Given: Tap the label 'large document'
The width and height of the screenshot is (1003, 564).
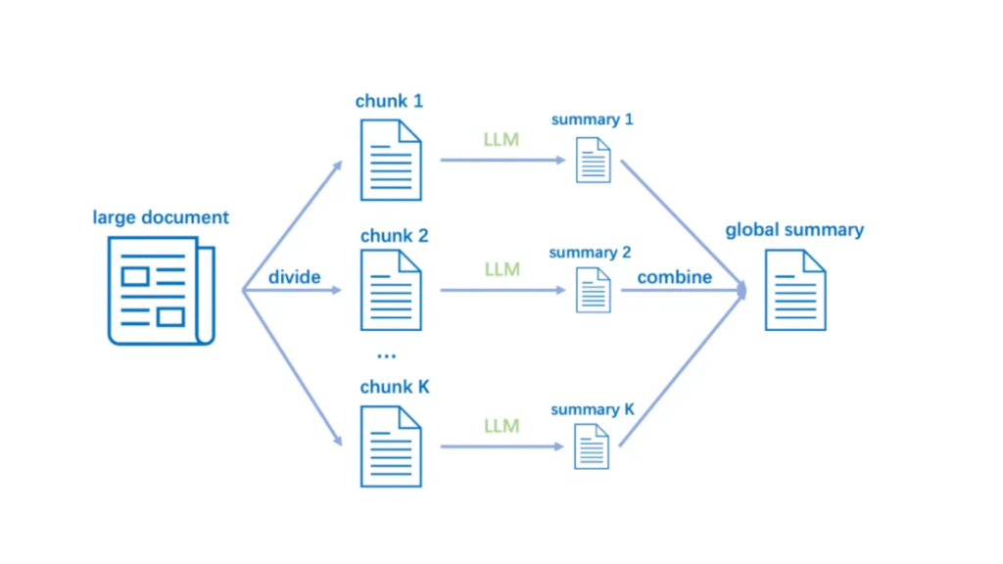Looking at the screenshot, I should [161, 217].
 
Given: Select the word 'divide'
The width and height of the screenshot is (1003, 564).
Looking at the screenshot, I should [295, 277].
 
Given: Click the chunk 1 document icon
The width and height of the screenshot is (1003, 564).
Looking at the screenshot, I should [391, 159].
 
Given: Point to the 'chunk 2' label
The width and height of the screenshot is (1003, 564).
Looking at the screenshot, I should [394, 236].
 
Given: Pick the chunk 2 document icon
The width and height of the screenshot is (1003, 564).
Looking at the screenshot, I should [391, 290].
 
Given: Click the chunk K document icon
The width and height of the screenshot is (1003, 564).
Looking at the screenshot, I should [391, 446].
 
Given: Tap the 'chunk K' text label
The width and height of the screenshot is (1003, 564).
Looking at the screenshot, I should [395, 387].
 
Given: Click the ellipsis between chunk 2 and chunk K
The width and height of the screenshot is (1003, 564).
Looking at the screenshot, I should [386, 353].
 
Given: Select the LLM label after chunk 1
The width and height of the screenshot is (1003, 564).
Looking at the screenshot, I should [501, 139].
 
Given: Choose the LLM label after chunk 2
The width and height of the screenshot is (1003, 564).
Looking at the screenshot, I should [501, 269].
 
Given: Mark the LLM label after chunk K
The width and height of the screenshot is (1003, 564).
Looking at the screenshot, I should [501, 426].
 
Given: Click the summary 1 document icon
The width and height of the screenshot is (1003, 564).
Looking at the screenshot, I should [594, 160].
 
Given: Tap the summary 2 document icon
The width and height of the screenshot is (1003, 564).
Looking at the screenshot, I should [594, 291].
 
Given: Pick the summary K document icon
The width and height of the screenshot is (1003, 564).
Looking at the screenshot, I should [593, 447].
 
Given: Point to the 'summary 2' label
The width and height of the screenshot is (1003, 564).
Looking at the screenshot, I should [590, 253].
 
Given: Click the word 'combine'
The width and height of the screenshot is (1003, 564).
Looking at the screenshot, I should [675, 277].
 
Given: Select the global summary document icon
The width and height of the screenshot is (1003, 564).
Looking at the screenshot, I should [794, 290].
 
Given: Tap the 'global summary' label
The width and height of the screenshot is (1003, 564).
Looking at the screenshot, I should [794, 230].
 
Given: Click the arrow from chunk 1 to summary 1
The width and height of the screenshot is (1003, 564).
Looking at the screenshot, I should [501, 159].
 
